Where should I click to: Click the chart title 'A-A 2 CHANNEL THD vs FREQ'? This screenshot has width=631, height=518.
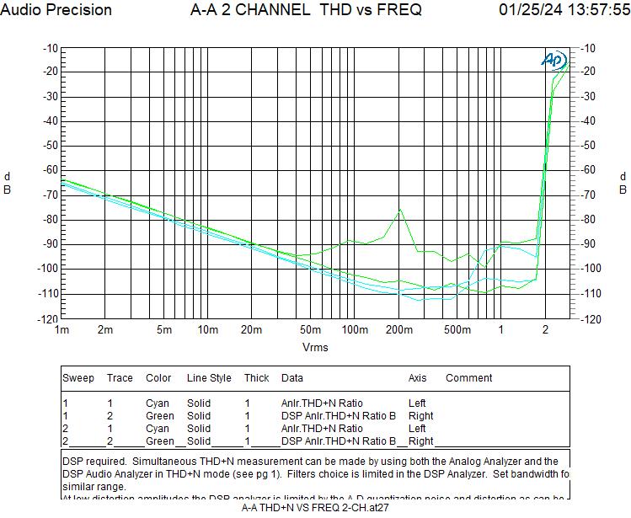click(x=306, y=10)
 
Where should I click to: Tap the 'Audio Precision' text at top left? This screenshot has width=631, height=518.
click(x=56, y=10)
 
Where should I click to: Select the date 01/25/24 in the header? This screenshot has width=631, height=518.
click(x=527, y=10)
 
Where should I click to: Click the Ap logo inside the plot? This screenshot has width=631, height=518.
click(x=553, y=60)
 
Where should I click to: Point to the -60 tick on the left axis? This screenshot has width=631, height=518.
click(x=48, y=170)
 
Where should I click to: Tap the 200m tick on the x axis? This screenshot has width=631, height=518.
click(x=398, y=329)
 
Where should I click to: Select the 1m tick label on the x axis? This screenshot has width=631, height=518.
click(x=62, y=329)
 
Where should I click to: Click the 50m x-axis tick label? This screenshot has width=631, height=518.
click(x=312, y=329)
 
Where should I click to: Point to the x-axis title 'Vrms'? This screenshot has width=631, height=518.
click(x=315, y=347)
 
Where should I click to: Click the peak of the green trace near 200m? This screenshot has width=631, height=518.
click(x=399, y=211)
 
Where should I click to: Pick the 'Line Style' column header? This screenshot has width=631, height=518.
click(x=209, y=378)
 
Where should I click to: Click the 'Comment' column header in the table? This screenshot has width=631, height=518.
click(x=468, y=378)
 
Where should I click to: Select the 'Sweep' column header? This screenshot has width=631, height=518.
click(x=78, y=378)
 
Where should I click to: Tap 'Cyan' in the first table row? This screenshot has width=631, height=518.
click(x=158, y=403)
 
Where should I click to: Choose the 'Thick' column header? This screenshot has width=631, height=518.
click(x=256, y=378)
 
